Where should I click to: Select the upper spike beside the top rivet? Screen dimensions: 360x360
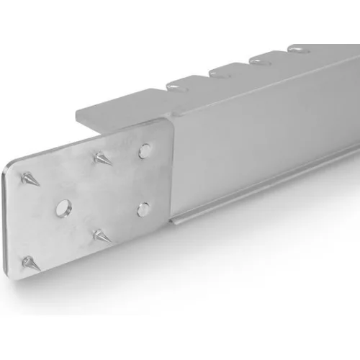101,157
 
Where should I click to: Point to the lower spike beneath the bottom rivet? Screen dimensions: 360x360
101,235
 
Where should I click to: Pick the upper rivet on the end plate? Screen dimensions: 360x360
145,149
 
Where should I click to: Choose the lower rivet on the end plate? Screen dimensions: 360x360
143,210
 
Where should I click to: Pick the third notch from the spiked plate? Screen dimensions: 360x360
256,59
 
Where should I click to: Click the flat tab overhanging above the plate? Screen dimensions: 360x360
115,109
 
